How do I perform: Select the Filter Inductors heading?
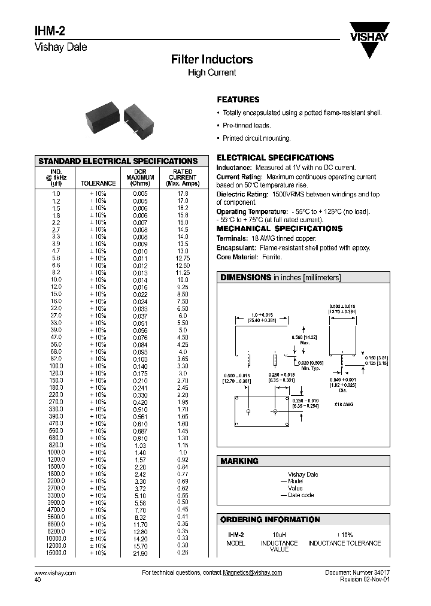212,59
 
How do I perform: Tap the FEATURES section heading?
238,99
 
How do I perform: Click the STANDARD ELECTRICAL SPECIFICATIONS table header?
118,161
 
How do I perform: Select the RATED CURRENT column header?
183,177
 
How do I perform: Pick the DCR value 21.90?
139,553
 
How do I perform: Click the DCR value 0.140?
139,366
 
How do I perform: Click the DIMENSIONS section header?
245,277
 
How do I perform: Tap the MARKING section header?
239,461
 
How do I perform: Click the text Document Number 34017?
357,573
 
